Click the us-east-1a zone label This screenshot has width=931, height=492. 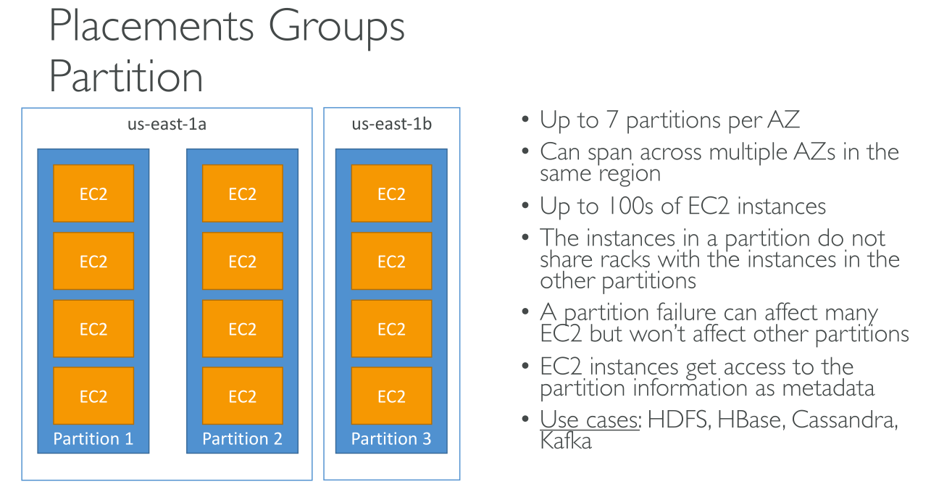tap(167, 125)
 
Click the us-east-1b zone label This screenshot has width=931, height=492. tap(391, 125)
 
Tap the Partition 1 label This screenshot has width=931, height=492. tap(93, 438)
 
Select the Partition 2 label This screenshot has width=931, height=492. tap(242, 438)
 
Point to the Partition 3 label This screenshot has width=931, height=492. tap(391, 438)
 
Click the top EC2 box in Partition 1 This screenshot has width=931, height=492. tap(93, 193)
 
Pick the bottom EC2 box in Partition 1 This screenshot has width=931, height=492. tap(93, 396)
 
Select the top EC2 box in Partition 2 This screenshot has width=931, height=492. tap(243, 193)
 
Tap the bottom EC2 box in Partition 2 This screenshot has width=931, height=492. tap(243, 396)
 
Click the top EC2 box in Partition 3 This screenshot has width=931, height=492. tap(391, 193)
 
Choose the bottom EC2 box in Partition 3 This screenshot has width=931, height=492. tap(391, 396)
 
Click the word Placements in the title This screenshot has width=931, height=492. tap(152, 28)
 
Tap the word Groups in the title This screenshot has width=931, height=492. tap(337, 28)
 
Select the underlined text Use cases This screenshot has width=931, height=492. tap(590, 420)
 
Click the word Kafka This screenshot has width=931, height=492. tap(566, 441)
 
